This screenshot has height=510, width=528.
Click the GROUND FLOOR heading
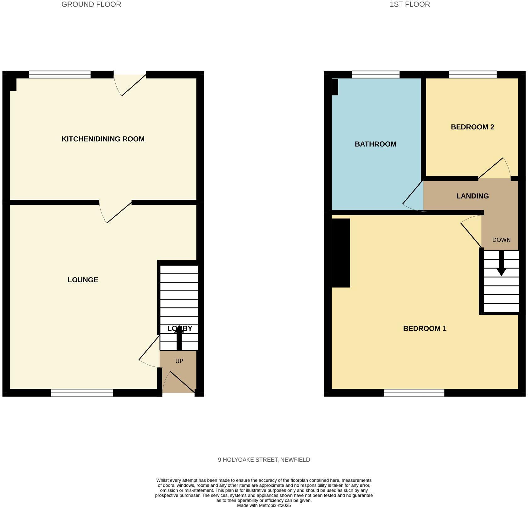coord(91,4)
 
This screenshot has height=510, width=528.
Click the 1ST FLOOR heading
coord(410,4)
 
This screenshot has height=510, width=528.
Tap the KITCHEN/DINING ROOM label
coord(103,139)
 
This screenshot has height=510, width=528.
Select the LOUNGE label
coord(83,280)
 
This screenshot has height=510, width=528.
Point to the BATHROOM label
coord(375,144)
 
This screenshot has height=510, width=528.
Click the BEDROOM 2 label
coord(472,127)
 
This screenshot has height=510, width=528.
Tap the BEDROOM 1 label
coord(425,328)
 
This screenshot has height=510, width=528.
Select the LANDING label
coord(472,196)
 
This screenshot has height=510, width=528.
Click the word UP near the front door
coord(179,361)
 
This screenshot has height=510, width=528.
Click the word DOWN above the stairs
coord(501,240)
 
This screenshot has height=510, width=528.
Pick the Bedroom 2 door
coord(493,168)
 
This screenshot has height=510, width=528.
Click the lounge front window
coord(82,393)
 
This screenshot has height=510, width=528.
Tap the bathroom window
coord(375,75)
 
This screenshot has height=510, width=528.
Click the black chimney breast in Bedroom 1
coord(341,253)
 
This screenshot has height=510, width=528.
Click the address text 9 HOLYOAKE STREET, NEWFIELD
coord(264,460)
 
